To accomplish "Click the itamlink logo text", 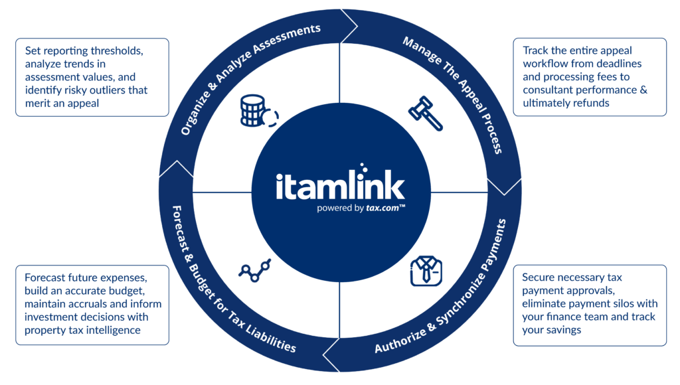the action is [x=341, y=183].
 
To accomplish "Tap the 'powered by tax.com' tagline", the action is [x=361, y=208].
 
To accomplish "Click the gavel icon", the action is [x=426, y=113].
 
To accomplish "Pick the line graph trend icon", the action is [x=255, y=271].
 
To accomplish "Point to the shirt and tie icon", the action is [x=426, y=271].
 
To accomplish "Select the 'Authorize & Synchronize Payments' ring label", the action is [x=441, y=286].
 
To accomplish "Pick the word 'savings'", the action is [x=564, y=331].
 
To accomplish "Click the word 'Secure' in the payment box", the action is [x=537, y=277].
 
